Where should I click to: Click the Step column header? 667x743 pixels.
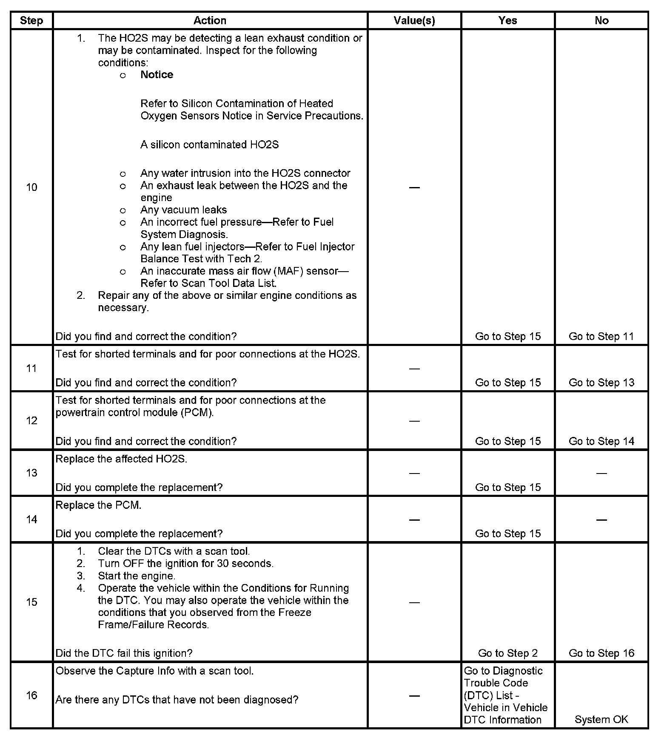click(x=31, y=20)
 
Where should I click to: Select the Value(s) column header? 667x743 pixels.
click(x=414, y=20)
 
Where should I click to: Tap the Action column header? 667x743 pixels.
click(x=210, y=20)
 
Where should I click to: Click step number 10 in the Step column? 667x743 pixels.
click(x=31, y=187)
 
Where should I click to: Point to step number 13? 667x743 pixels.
click(x=31, y=473)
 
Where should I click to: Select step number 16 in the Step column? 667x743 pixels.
click(x=31, y=695)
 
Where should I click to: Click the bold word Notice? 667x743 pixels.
click(x=157, y=75)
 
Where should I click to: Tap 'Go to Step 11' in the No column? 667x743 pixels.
click(x=601, y=336)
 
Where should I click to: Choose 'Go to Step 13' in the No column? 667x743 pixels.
click(x=601, y=383)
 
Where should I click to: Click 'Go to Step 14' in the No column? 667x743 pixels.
click(x=601, y=441)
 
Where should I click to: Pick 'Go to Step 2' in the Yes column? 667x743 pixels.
click(x=507, y=653)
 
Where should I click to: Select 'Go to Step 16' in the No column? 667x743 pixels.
click(x=601, y=653)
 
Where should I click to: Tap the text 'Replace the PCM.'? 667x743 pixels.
click(x=98, y=505)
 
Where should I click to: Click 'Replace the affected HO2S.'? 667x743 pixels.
click(x=121, y=459)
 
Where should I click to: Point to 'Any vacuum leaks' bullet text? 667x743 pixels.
click(x=183, y=210)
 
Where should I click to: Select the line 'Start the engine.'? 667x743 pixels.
click(x=137, y=576)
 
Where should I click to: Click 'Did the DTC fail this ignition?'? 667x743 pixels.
click(x=124, y=653)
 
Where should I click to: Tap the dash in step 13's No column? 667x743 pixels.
click(x=601, y=473)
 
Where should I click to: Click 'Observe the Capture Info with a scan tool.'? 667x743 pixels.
click(x=154, y=671)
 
